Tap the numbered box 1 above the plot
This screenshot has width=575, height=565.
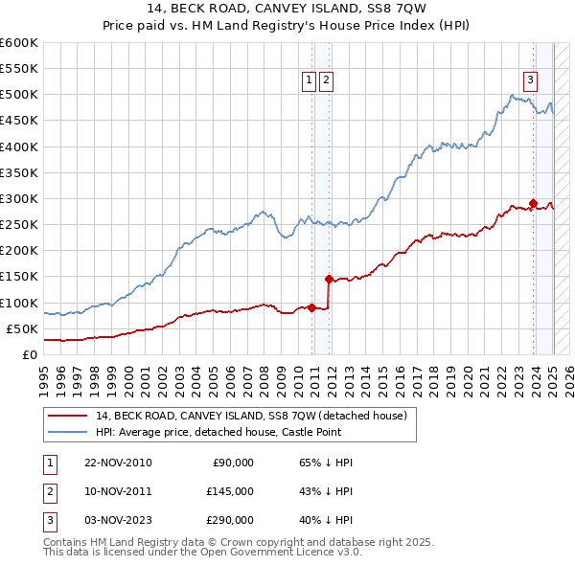point(310,81)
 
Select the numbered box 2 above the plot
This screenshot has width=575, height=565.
point(326,81)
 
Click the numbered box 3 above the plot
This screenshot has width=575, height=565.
point(530,81)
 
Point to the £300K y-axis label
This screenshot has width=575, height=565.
point(19,198)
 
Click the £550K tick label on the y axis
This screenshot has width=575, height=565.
point(19,69)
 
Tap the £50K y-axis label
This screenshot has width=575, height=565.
point(22,328)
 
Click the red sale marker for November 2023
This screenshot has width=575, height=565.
point(533,204)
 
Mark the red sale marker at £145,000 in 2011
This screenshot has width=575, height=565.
point(329,279)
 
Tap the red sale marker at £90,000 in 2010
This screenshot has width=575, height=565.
point(312,307)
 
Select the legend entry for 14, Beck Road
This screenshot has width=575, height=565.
point(251,416)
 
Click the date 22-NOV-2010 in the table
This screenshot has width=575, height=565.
point(118,463)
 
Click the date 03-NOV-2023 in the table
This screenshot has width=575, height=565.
point(118,520)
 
